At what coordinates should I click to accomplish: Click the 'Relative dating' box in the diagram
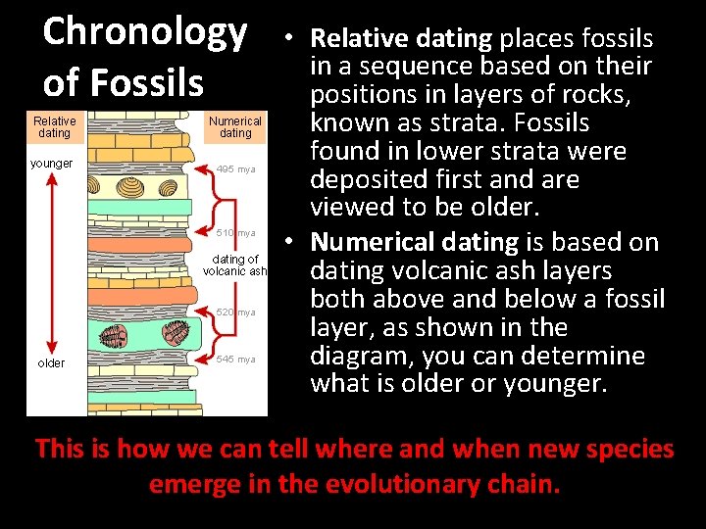[54, 126]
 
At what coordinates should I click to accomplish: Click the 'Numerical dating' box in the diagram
[235, 126]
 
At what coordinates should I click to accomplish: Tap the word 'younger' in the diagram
[52, 164]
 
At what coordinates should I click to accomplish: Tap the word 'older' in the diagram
[51, 363]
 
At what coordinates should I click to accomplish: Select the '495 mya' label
[235, 168]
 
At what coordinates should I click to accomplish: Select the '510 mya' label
[235, 233]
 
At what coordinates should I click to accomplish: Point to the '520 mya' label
[235, 313]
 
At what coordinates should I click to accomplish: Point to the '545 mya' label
[235, 360]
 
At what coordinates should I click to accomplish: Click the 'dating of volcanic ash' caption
[234, 265]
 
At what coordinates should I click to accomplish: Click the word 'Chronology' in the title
[145, 31]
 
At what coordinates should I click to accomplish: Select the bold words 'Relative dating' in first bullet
[400, 39]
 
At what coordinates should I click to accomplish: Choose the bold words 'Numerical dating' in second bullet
[411, 242]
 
